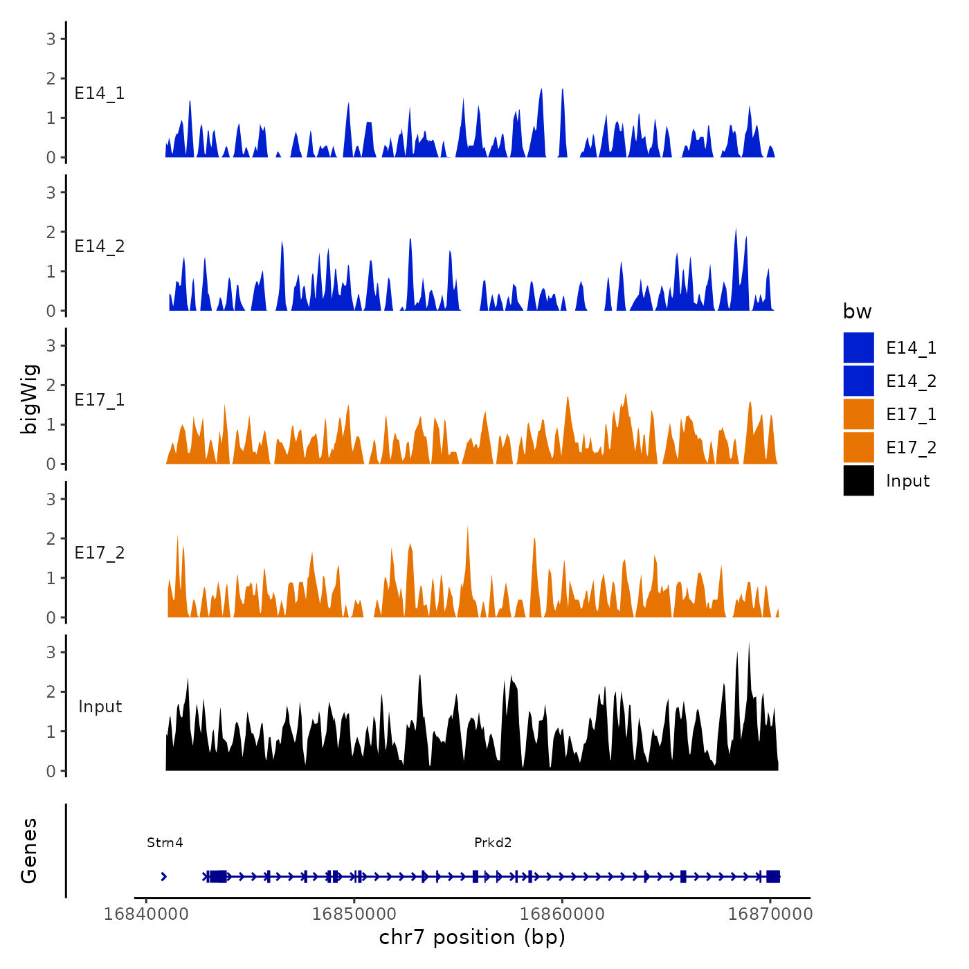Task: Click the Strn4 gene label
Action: pyautogui.click(x=165, y=842)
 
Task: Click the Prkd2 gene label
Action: pyautogui.click(x=493, y=842)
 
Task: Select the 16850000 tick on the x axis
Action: pyautogui.click(x=354, y=914)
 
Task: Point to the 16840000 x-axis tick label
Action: pyautogui.click(x=146, y=914)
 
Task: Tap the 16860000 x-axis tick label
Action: pyautogui.click(x=562, y=914)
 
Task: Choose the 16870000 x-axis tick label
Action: pyautogui.click(x=770, y=914)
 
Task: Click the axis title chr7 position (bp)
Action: pyautogui.click(x=472, y=937)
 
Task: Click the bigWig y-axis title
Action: pyautogui.click(x=29, y=399)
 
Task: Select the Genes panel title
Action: pyautogui.click(x=29, y=851)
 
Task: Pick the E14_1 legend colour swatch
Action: pyautogui.click(x=858, y=347)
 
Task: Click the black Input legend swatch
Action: pyautogui.click(x=858, y=480)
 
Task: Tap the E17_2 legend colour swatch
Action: pyautogui.click(x=858, y=447)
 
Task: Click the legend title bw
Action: pyautogui.click(x=857, y=311)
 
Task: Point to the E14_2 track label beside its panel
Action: pyautogui.click(x=100, y=246)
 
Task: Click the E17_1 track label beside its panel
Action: pyautogui.click(x=100, y=400)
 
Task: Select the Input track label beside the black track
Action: pyautogui.click(x=100, y=707)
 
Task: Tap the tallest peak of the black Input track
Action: pyautogui.click(x=749, y=644)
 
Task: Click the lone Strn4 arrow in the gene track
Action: pyautogui.click(x=163, y=876)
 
